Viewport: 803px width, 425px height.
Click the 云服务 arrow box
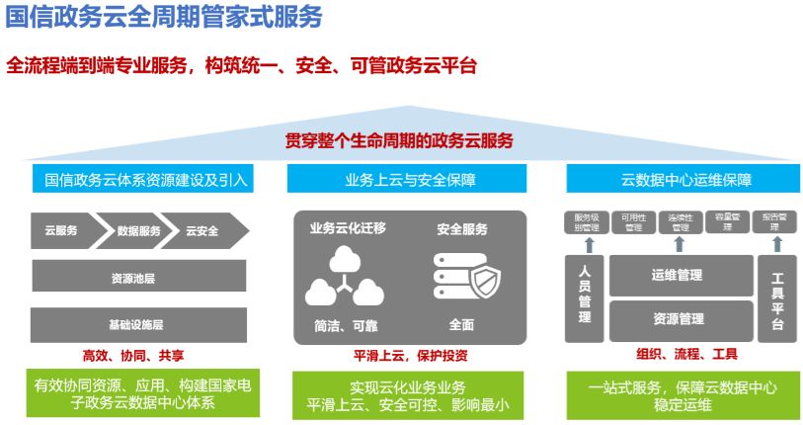62,230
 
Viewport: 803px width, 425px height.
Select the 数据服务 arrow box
138,230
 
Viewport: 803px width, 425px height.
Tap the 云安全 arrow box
205,230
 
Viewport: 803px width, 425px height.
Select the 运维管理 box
678,275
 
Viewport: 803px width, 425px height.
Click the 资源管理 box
678,319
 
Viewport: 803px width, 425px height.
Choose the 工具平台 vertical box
776,297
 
